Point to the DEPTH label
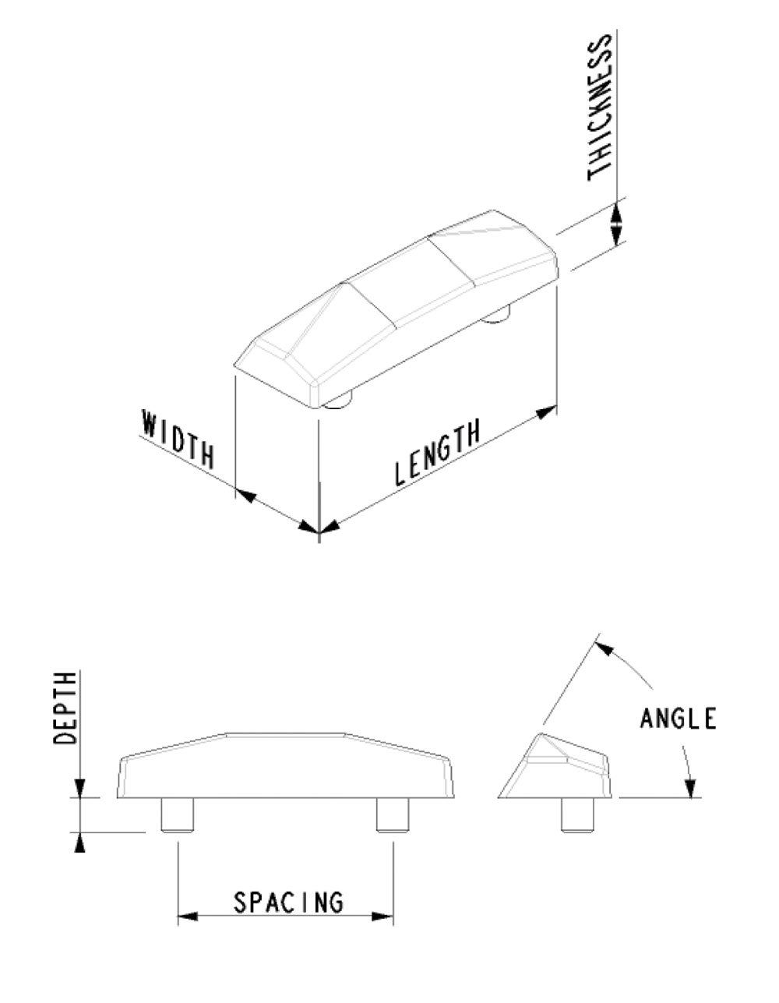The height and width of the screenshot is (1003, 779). [x=66, y=708]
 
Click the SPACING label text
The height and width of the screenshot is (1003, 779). [x=288, y=902]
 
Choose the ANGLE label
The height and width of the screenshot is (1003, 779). [x=678, y=718]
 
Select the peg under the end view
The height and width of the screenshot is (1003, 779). [x=578, y=815]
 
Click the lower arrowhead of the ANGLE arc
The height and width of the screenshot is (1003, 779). [x=690, y=788]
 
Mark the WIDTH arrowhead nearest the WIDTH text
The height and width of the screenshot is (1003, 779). [x=245, y=495]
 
